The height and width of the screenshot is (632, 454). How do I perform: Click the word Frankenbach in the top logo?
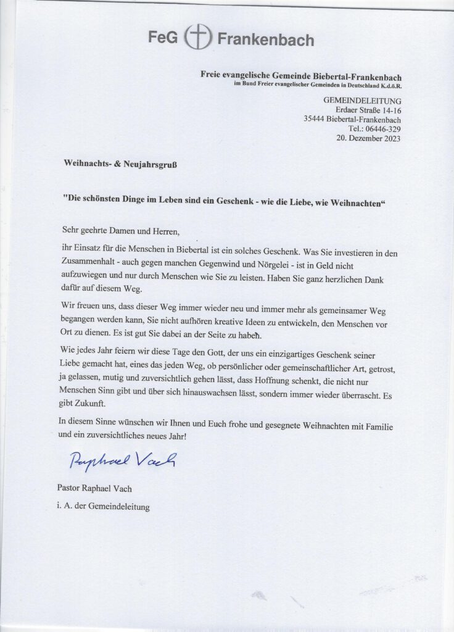(266, 40)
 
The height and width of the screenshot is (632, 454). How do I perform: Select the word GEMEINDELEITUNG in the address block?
(362, 100)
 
